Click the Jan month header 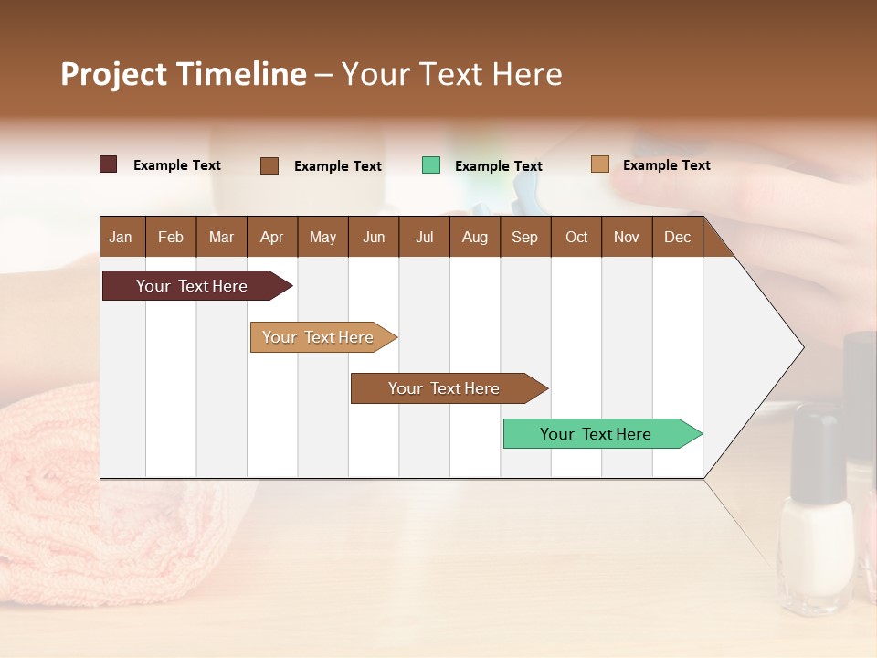(x=121, y=237)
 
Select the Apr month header (x=271, y=237)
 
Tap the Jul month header (x=424, y=237)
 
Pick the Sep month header (x=524, y=237)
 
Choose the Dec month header (x=677, y=237)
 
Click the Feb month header (x=171, y=237)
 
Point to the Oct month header (x=576, y=237)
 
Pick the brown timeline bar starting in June (x=445, y=388)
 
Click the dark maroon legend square (x=108, y=164)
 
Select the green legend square (x=431, y=165)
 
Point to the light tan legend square (x=599, y=164)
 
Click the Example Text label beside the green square (x=498, y=166)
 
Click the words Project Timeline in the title (x=183, y=74)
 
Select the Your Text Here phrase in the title (x=451, y=74)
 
